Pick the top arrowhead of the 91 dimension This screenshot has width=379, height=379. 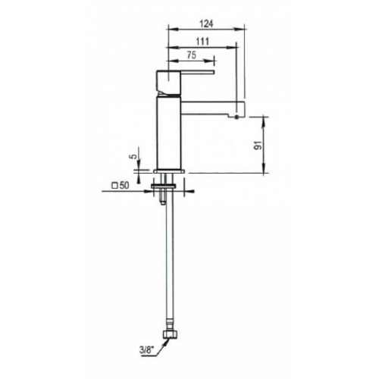265,117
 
